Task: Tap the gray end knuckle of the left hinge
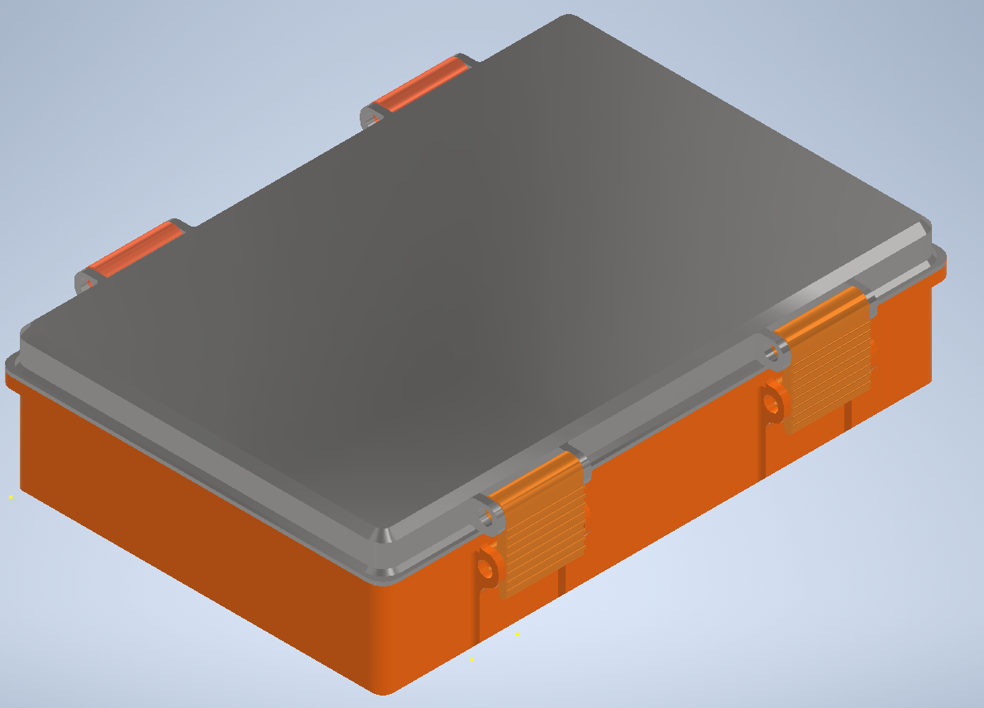click(85, 283)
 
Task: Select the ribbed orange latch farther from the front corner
click(827, 364)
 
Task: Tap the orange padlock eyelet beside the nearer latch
click(487, 569)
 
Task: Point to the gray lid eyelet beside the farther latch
click(775, 354)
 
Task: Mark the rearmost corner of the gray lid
click(567, 18)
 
